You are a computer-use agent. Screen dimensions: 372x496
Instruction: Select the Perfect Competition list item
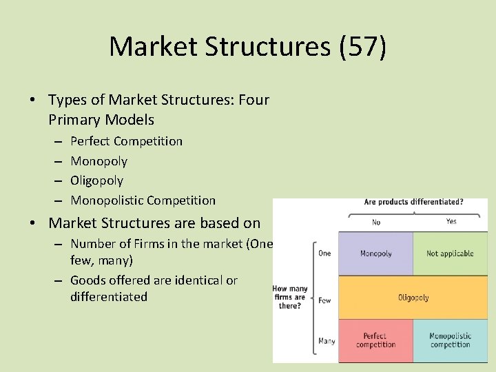pos(126,141)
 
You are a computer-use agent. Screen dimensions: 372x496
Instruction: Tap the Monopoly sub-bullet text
pos(99,161)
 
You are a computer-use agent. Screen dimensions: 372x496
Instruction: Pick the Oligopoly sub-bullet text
pos(96,180)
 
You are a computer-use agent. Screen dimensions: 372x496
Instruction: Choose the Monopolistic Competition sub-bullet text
pos(143,200)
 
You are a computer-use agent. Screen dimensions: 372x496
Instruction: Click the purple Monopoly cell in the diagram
pos(376,254)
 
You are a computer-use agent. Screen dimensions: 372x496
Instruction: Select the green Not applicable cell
pos(450,254)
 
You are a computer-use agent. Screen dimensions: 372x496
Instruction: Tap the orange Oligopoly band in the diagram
pos(413,298)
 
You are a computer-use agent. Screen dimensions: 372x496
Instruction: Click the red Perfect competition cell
pos(376,340)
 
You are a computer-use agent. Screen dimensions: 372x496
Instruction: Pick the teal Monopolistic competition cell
pos(450,340)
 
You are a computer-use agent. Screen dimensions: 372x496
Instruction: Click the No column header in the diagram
pos(376,223)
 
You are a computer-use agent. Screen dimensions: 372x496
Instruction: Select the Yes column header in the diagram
pos(451,223)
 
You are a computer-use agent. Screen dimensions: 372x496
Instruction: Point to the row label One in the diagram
pos(324,254)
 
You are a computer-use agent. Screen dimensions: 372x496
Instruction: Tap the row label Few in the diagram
pos(324,300)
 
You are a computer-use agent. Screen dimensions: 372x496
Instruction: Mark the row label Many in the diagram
pos(327,341)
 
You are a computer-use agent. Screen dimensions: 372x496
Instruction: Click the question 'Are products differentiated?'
pos(413,203)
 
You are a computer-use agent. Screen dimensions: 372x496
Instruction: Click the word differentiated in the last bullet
pos(109,297)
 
